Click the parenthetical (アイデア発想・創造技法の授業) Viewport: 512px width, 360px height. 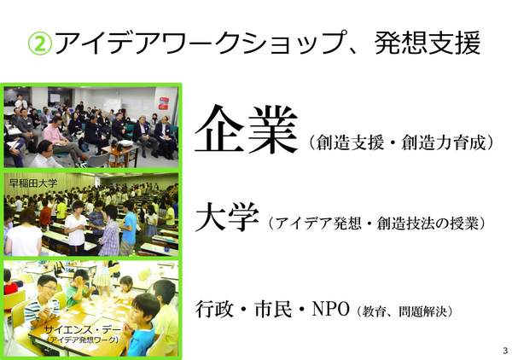(x=376, y=224)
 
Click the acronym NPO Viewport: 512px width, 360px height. (x=329, y=309)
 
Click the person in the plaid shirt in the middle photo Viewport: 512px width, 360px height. (x=108, y=230)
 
